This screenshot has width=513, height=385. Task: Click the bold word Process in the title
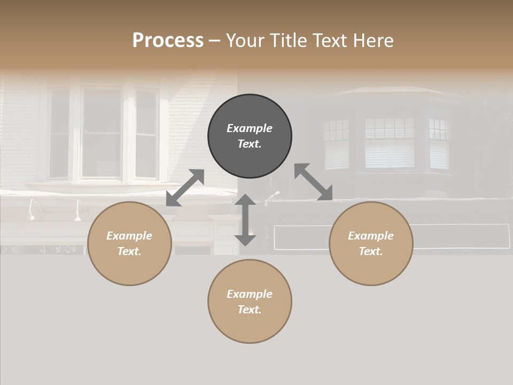click(x=168, y=41)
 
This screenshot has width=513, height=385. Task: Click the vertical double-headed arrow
click(x=245, y=220)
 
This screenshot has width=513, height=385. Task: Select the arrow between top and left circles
click(x=185, y=188)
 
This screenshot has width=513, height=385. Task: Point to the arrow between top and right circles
click(x=313, y=182)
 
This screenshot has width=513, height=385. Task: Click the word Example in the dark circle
click(x=250, y=128)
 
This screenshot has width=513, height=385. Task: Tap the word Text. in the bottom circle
click(x=250, y=310)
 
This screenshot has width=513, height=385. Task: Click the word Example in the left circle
click(x=129, y=236)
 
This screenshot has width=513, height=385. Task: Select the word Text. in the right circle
click(x=371, y=251)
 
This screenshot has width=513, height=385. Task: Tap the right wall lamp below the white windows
click(x=79, y=210)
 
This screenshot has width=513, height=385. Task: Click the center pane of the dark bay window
click(x=390, y=143)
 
